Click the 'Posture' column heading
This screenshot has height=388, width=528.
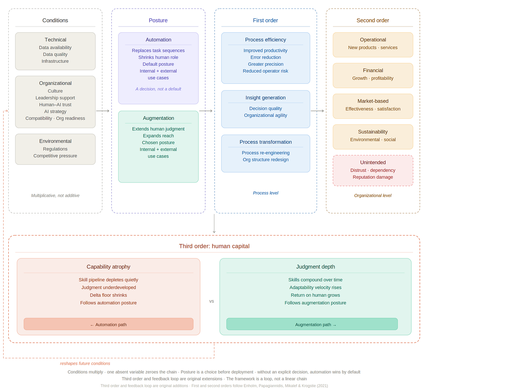158,21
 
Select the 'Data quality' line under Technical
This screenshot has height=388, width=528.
55,54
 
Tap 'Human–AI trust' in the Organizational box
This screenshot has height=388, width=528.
55,105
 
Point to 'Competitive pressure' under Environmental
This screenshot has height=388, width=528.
55,156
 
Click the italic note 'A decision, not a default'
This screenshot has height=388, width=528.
158,89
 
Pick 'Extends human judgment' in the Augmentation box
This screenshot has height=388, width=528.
158,129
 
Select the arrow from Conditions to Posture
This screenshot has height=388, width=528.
103,111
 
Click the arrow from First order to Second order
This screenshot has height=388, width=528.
317,111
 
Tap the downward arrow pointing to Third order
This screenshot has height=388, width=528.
214,224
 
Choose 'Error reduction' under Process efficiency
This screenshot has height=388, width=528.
266,57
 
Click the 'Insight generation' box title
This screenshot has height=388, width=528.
265,98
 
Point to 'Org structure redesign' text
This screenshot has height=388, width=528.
266,160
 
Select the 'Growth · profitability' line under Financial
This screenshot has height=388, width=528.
373,78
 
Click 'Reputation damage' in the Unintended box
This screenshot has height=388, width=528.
373,177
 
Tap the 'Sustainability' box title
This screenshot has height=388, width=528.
373,132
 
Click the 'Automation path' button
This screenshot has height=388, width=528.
108,324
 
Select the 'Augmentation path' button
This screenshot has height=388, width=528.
312,324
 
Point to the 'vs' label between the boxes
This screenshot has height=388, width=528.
211,302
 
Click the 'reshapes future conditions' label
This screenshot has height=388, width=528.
85,363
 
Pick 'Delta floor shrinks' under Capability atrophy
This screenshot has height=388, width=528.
108,295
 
